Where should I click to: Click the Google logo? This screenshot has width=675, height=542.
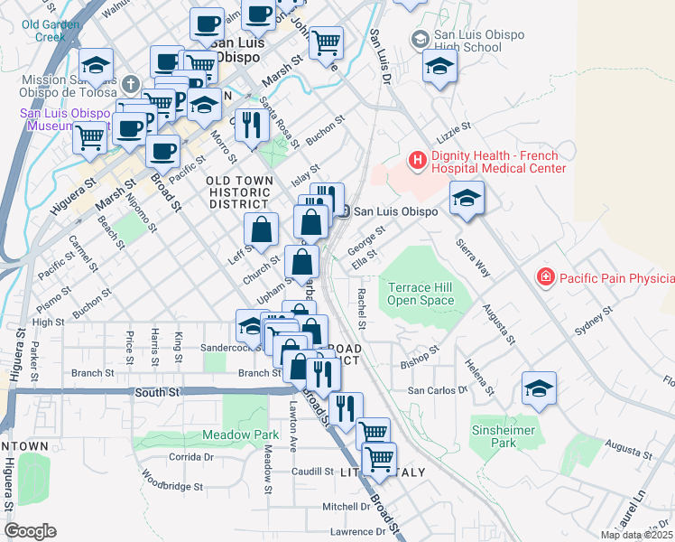pyautogui.click(x=31, y=531)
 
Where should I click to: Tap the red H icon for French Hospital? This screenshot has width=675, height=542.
pyautogui.click(x=417, y=161)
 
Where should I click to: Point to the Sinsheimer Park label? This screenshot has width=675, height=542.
pyautogui.click(x=496, y=436)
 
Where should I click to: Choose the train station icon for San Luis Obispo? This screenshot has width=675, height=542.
pyautogui.click(x=344, y=211)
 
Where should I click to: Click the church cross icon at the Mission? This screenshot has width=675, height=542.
pyautogui.click(x=132, y=85)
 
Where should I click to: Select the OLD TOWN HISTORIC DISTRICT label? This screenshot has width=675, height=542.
pyautogui.click(x=239, y=192)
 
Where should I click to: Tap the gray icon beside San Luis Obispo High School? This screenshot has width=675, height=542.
pyautogui.click(x=419, y=40)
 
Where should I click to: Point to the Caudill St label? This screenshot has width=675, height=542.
pyautogui.click(x=313, y=472)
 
